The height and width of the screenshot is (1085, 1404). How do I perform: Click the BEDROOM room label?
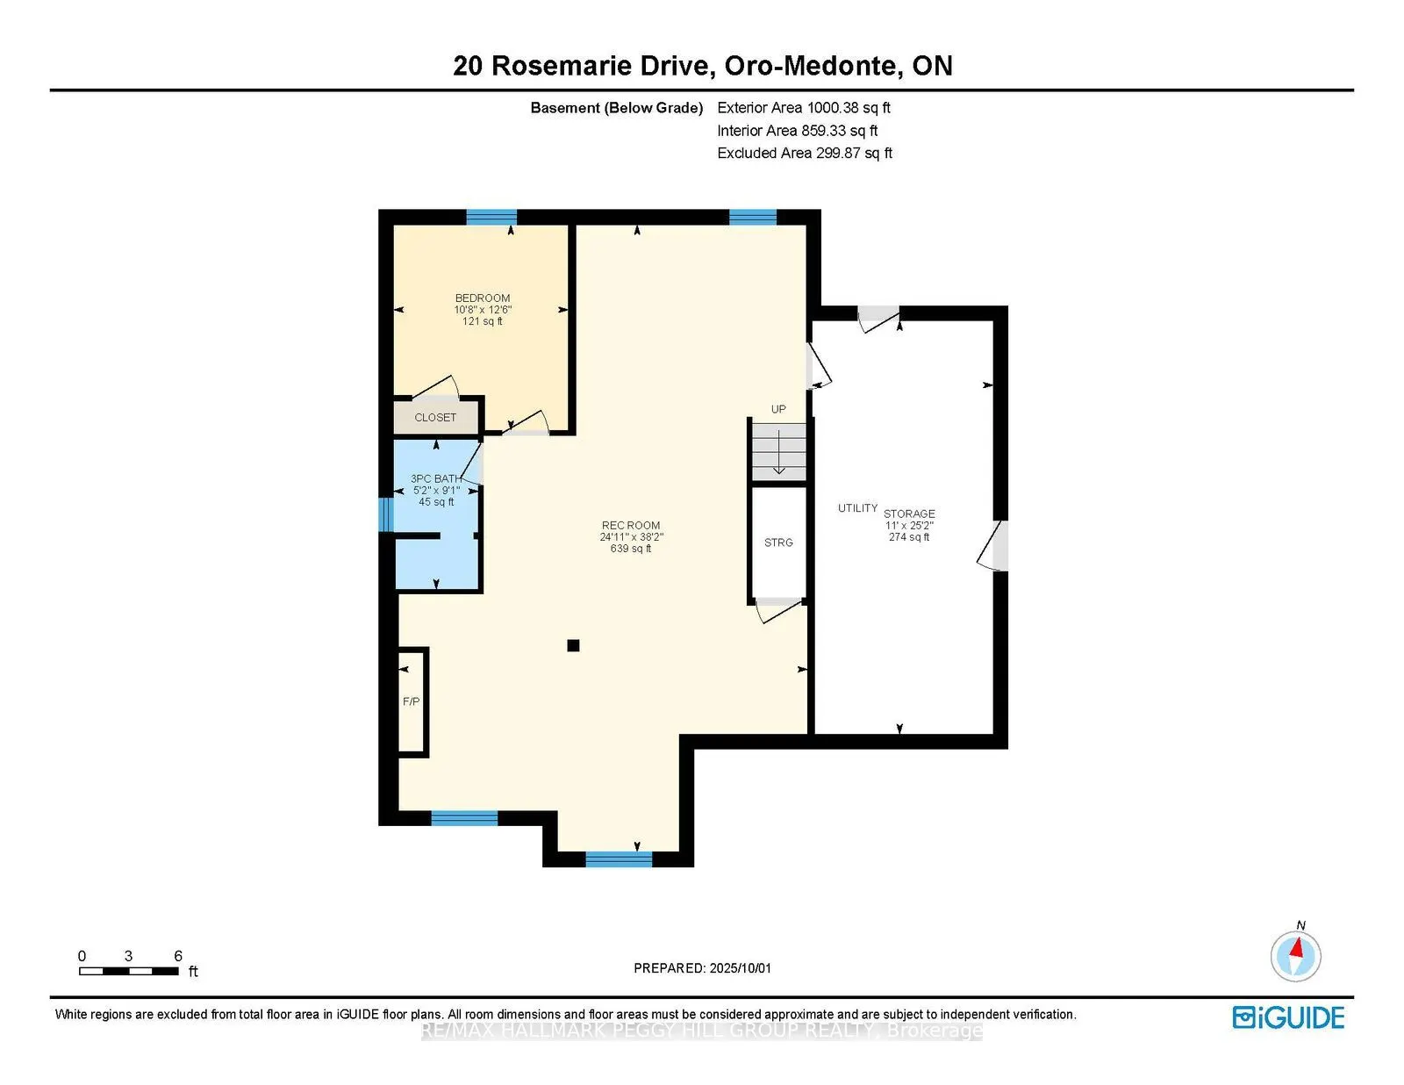[482, 298]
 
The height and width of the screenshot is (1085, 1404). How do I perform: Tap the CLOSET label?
[435, 418]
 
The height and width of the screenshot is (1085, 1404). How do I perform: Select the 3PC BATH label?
[436, 478]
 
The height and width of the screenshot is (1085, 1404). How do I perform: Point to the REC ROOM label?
[631, 525]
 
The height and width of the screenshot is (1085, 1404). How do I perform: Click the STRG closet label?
[778, 542]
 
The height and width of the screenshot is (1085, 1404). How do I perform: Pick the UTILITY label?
[857, 508]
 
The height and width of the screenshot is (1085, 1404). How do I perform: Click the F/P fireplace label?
[411, 701]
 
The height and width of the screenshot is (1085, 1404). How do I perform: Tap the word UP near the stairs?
[778, 409]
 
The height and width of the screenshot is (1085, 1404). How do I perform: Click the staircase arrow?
[778, 451]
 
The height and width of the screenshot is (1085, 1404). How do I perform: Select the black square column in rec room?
[573, 645]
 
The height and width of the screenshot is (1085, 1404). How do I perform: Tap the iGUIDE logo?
[1288, 1017]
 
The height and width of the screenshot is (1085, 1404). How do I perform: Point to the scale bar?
[129, 971]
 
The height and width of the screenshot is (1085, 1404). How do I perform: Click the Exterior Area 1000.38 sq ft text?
[804, 108]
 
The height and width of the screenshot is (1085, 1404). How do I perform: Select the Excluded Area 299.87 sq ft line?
[805, 153]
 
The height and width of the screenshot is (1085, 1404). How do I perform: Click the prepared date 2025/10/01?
[740, 968]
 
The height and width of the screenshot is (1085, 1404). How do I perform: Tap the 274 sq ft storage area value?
[909, 537]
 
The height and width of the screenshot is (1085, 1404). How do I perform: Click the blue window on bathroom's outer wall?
[386, 514]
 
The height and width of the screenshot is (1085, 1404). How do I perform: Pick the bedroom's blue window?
[491, 217]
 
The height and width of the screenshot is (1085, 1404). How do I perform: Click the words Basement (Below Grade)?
[616, 108]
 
